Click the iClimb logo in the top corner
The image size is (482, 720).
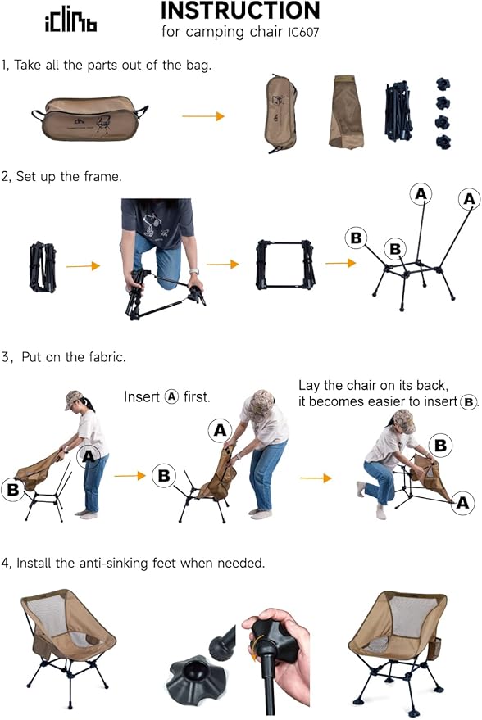[x=70, y=21]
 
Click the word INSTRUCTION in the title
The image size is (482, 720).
[x=239, y=11]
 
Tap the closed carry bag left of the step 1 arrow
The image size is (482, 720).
[x=91, y=118]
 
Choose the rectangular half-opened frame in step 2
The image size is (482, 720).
[x=285, y=264]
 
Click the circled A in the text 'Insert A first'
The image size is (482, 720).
[x=171, y=396]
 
